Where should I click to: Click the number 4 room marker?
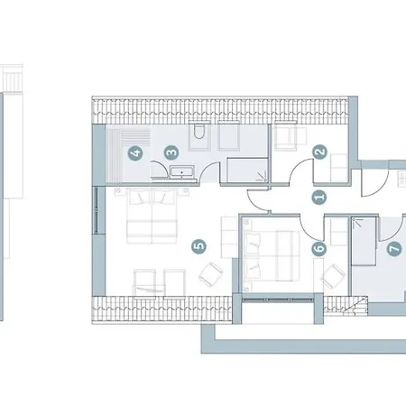tap(135, 153)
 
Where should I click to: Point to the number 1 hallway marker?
tap(317, 196)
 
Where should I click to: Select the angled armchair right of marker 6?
tap(333, 273)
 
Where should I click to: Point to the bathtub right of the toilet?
tap(231, 138)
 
